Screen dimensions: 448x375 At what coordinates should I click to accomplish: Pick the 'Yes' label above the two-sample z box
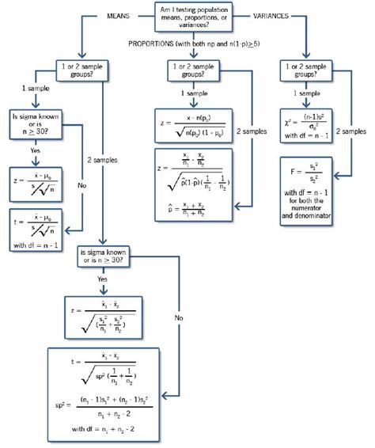pos(102,278)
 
